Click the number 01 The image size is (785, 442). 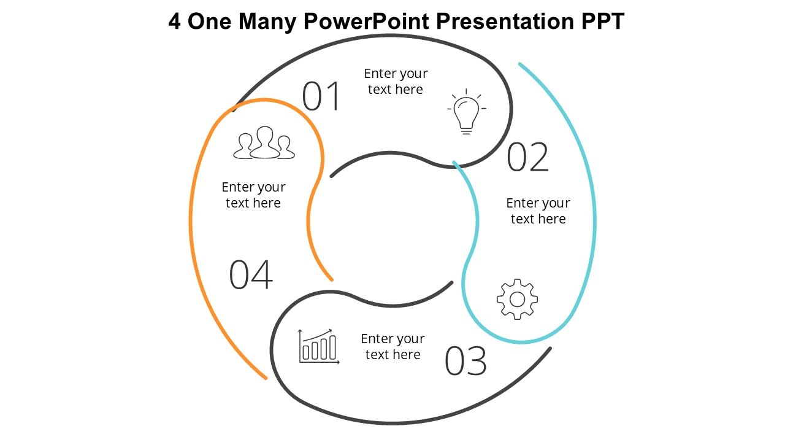(321, 96)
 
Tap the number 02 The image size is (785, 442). (528, 157)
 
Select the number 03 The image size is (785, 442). (465, 360)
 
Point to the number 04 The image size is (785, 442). (251, 274)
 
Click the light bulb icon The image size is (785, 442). (467, 112)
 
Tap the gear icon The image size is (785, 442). (517, 299)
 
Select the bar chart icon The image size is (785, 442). (318, 347)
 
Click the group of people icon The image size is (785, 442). (264, 143)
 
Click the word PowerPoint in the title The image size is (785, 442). (366, 21)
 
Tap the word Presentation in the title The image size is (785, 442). (505, 21)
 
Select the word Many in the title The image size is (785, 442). (267, 21)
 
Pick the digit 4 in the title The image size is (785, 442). (175, 21)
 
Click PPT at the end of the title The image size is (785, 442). (603, 21)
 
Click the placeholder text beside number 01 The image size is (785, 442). (396, 82)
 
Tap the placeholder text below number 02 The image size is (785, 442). (538, 211)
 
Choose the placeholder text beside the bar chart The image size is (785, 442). (393, 347)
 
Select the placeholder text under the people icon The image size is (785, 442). (253, 195)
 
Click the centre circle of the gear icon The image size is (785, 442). (517, 300)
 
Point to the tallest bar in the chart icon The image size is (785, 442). (332, 347)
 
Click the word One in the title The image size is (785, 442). (210, 21)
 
